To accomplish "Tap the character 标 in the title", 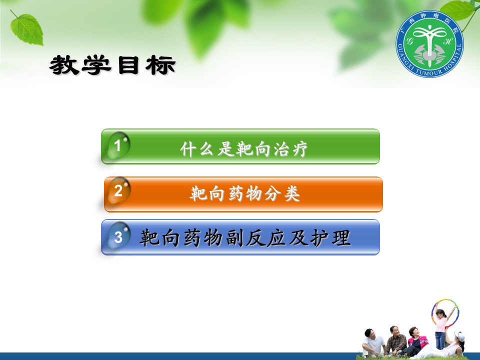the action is click(160, 65).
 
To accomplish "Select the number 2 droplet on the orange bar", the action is click(119, 190).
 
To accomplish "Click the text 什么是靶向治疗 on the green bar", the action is click(244, 149).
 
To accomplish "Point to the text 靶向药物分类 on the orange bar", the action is click(245, 194).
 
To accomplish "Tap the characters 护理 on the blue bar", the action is click(330, 238).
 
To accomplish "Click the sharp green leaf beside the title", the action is click(27, 29).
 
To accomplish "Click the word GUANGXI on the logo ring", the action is click(404, 56).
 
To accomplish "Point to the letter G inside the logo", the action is click(409, 40).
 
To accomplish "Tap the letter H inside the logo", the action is click(447, 40).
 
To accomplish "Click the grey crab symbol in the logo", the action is click(429, 54).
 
